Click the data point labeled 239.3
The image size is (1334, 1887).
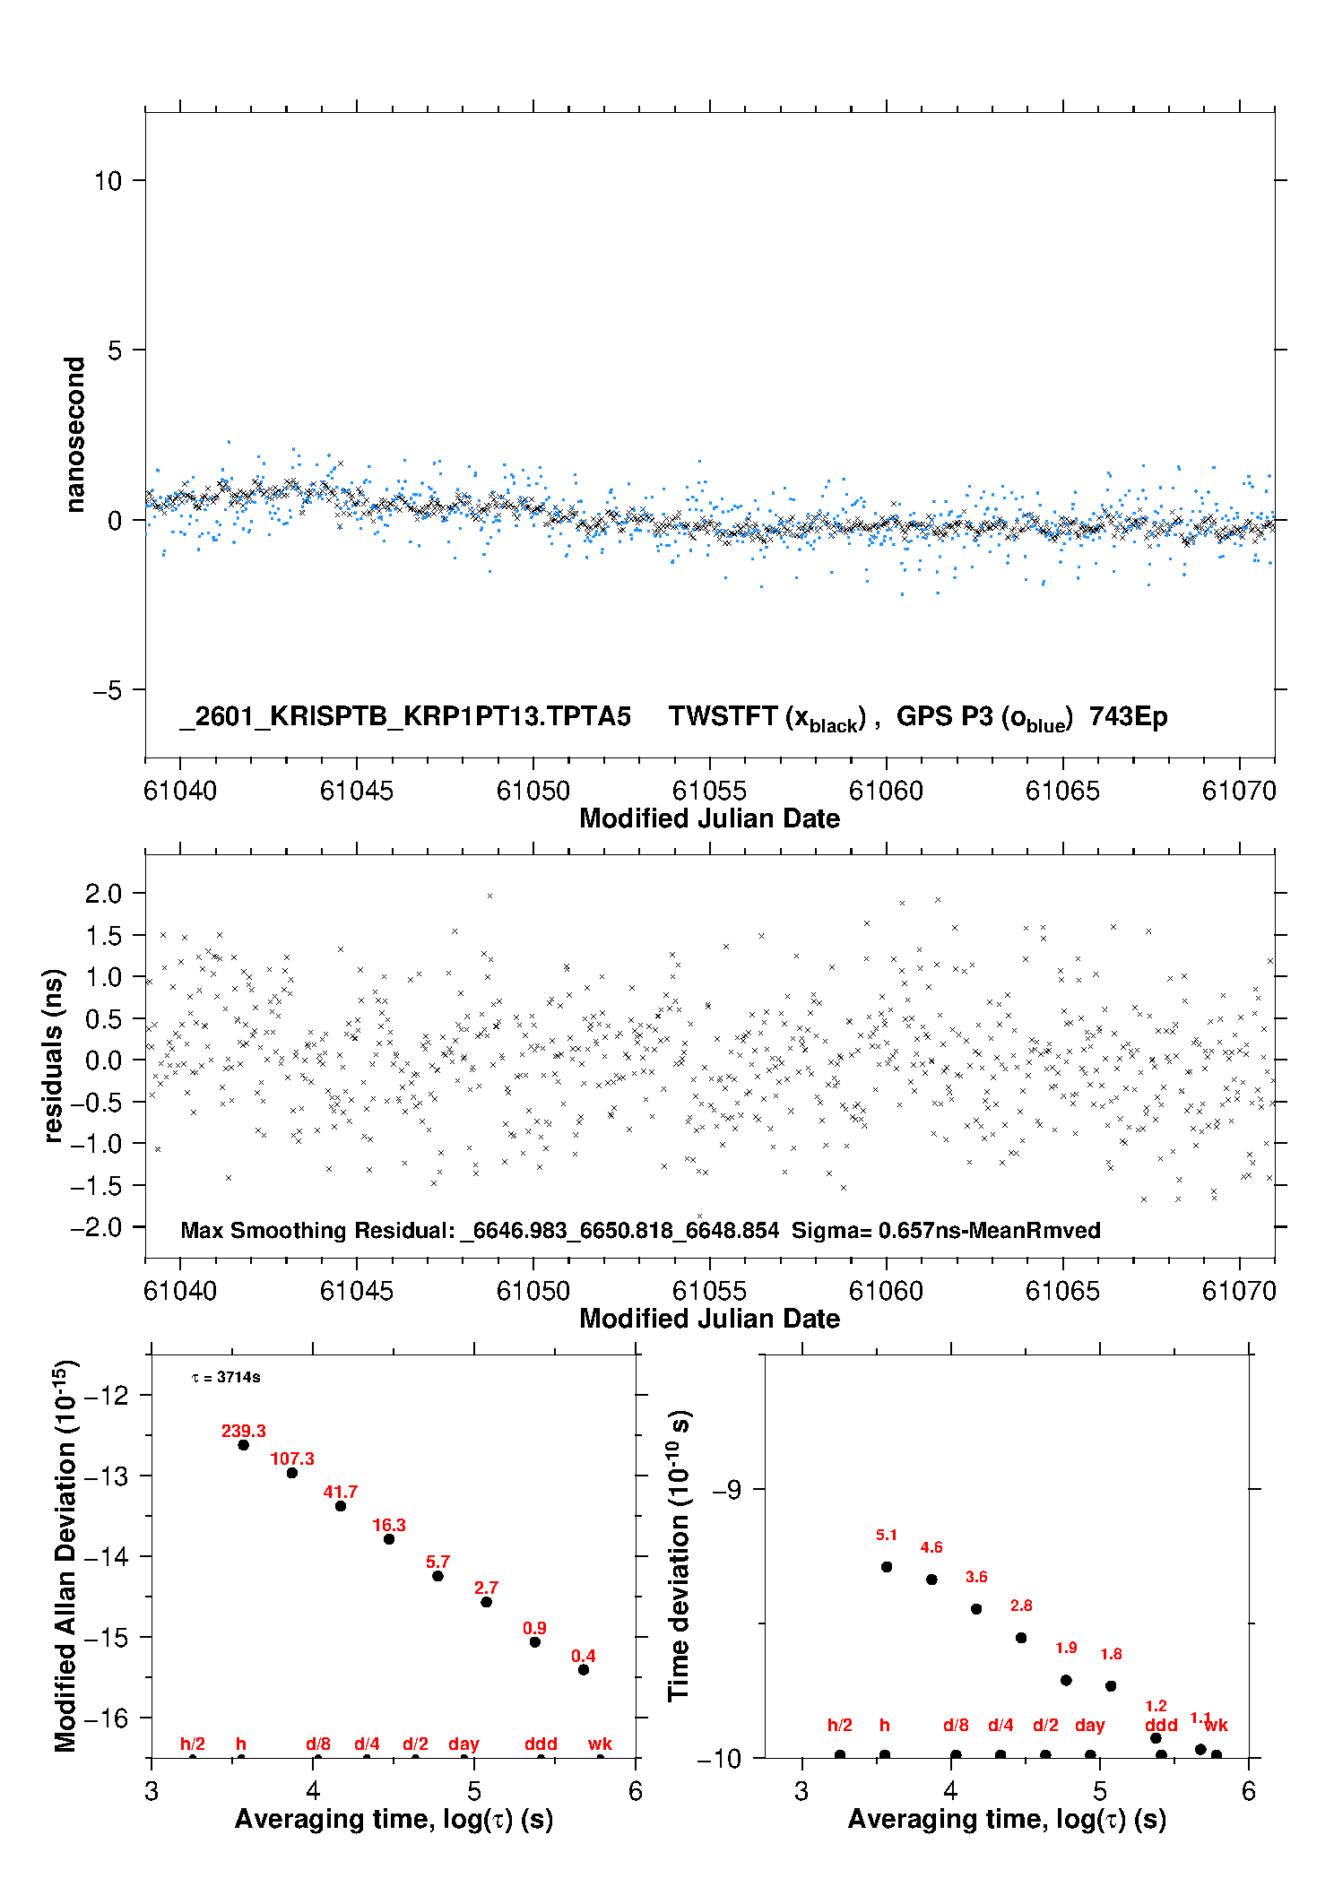point(243,1445)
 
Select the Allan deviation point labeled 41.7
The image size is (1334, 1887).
point(341,1506)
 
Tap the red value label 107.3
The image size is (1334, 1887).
point(292,1459)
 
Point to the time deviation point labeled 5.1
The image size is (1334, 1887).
point(887,1567)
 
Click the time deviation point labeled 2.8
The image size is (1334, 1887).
point(1021,1638)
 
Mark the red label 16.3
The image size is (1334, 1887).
point(389,1525)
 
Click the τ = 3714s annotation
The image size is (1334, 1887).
point(226,1377)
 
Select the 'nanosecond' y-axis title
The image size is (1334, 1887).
point(74,435)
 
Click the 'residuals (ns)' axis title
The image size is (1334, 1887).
point(54,1055)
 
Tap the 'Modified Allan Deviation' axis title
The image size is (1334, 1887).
point(65,1555)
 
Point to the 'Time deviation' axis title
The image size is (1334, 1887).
point(679,1555)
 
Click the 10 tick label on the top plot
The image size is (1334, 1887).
point(108,181)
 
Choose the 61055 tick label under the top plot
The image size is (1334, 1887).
point(709,791)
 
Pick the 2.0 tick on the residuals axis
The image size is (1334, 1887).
point(103,893)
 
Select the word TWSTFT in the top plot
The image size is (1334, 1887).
point(723,716)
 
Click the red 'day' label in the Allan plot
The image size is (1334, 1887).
point(463,1744)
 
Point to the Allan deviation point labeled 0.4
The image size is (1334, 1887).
point(584,1669)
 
